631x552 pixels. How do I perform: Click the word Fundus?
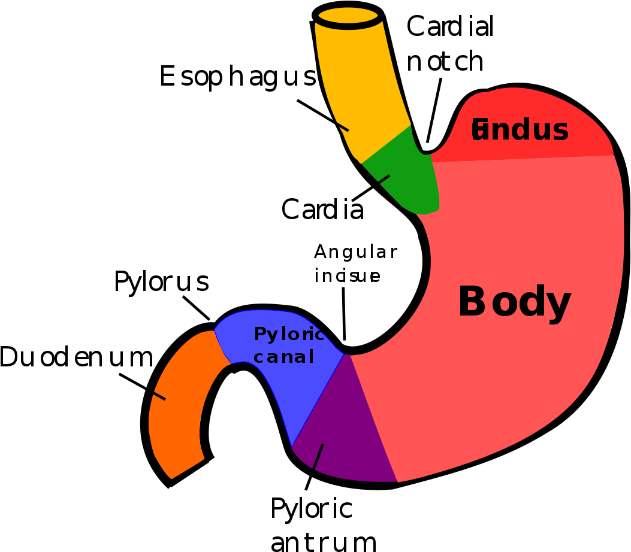tap(520, 130)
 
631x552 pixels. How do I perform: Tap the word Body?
tap(514, 302)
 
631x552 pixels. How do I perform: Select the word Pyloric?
tap(288, 334)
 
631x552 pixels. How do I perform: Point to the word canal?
tap(283, 357)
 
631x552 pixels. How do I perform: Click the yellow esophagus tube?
tap(360, 84)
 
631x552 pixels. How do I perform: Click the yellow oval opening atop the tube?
tap(348, 15)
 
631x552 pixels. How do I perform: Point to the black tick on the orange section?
tap(159, 396)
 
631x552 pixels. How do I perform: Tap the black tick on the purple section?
tap(318, 456)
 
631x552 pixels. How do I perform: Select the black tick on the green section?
tap(384, 179)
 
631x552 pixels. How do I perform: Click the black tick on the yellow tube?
tap(342, 126)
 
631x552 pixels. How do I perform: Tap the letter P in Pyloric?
tap(259, 334)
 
